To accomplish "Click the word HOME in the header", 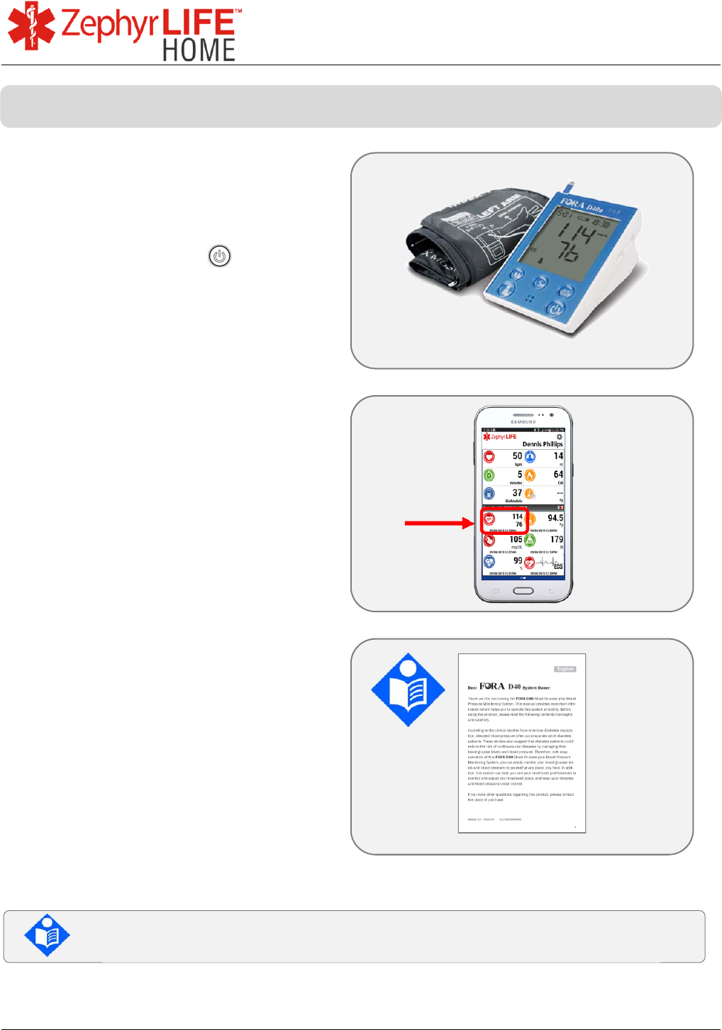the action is click(199, 50).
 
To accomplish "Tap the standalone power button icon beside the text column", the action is click(220, 256).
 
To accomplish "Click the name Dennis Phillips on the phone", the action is click(543, 444).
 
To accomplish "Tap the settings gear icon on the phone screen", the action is click(559, 437).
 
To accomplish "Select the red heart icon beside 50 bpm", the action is click(489, 457).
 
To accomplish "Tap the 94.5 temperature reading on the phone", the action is click(555, 518).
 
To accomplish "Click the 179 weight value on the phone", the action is click(556, 540).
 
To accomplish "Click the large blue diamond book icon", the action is click(408, 690).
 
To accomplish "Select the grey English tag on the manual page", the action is click(565, 669).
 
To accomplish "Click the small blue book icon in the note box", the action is click(47, 935).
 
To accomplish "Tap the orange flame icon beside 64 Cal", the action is click(530, 475).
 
